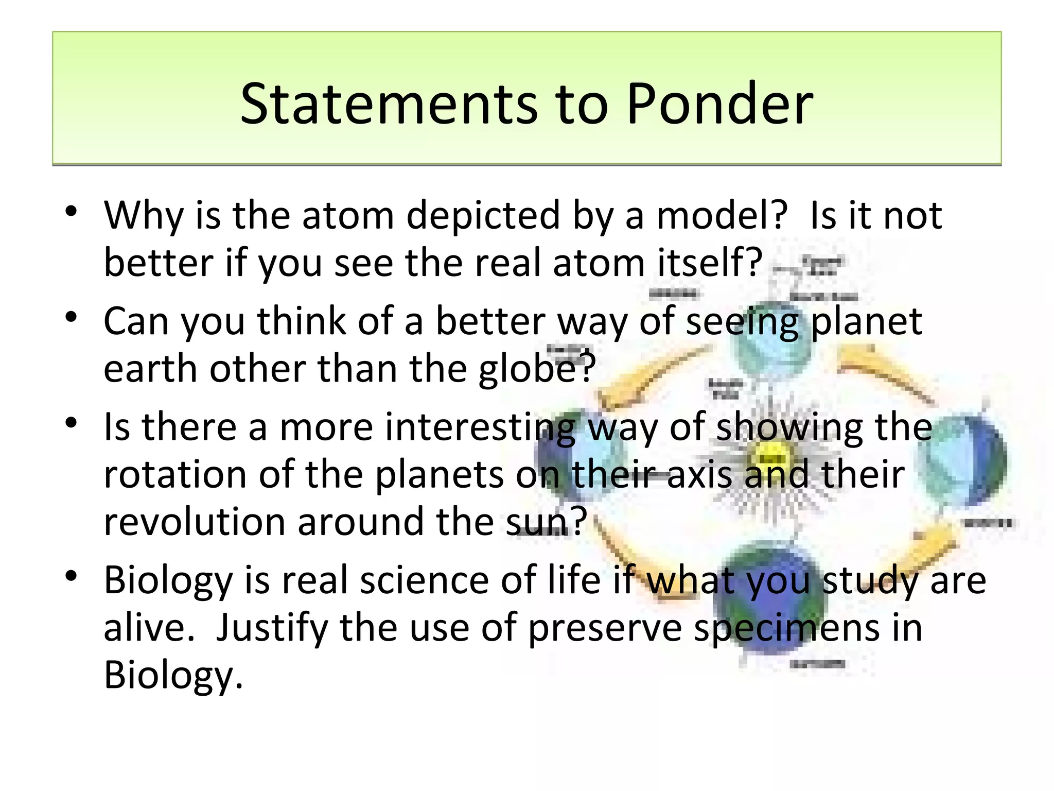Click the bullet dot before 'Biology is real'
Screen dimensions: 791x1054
72,576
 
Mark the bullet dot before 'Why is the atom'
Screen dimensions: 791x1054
72,211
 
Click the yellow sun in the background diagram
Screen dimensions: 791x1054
770,457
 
